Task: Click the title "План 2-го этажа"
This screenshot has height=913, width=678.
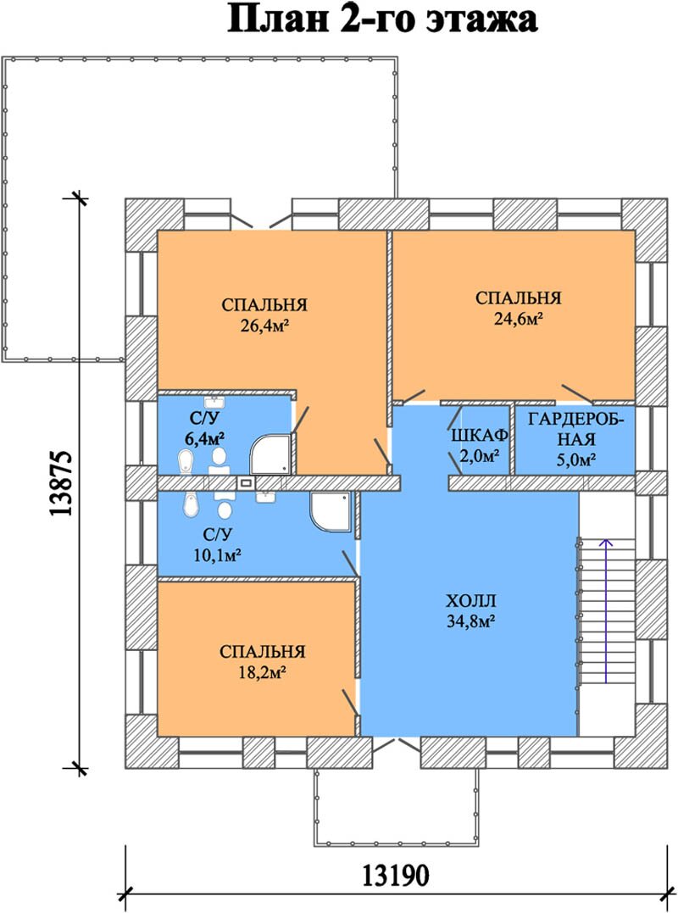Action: [x=381, y=19]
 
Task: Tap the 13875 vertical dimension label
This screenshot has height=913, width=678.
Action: [x=61, y=483]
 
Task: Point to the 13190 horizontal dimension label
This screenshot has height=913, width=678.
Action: [x=396, y=875]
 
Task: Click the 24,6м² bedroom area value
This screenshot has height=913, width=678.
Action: [x=519, y=319]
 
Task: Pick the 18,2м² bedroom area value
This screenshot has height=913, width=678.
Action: [x=263, y=673]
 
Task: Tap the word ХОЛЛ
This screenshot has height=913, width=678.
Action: [x=471, y=601]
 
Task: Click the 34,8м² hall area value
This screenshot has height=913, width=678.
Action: [x=471, y=621]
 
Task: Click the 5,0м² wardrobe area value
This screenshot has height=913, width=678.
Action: [x=575, y=460]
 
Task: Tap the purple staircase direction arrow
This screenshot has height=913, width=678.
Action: [x=607, y=610]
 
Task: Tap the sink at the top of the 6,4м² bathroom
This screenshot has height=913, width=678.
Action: [x=214, y=402]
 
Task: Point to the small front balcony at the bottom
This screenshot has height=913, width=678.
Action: [x=397, y=807]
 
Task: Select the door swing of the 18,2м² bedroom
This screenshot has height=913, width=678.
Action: [x=349, y=701]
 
